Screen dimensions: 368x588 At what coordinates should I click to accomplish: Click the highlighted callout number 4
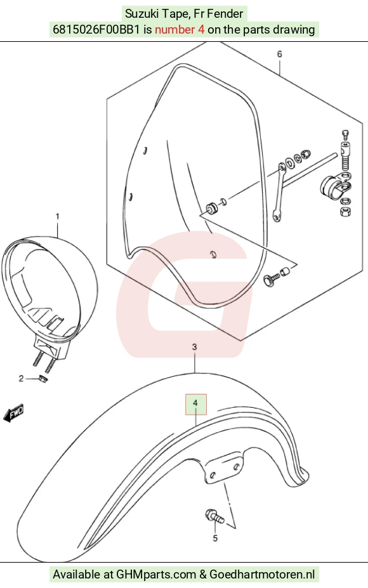click(195, 403)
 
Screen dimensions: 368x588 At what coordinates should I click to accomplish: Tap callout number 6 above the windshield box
click(279, 55)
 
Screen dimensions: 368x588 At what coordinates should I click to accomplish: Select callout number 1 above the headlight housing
click(57, 217)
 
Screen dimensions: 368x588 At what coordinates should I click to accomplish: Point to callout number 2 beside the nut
click(22, 379)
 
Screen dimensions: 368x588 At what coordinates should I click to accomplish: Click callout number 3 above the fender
click(194, 347)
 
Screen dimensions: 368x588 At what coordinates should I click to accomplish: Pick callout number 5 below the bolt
click(215, 539)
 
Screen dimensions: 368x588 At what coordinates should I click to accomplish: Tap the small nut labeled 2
click(43, 379)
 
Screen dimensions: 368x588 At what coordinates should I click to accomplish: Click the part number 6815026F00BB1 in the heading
click(97, 30)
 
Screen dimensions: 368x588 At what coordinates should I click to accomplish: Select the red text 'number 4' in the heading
click(180, 30)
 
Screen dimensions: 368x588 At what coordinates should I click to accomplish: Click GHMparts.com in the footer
click(156, 574)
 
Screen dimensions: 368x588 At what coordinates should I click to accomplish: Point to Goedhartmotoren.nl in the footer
click(262, 574)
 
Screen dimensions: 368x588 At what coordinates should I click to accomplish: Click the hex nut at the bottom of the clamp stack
click(346, 211)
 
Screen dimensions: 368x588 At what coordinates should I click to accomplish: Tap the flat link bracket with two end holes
click(279, 192)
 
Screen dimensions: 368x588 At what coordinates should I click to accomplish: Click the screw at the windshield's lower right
click(271, 278)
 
